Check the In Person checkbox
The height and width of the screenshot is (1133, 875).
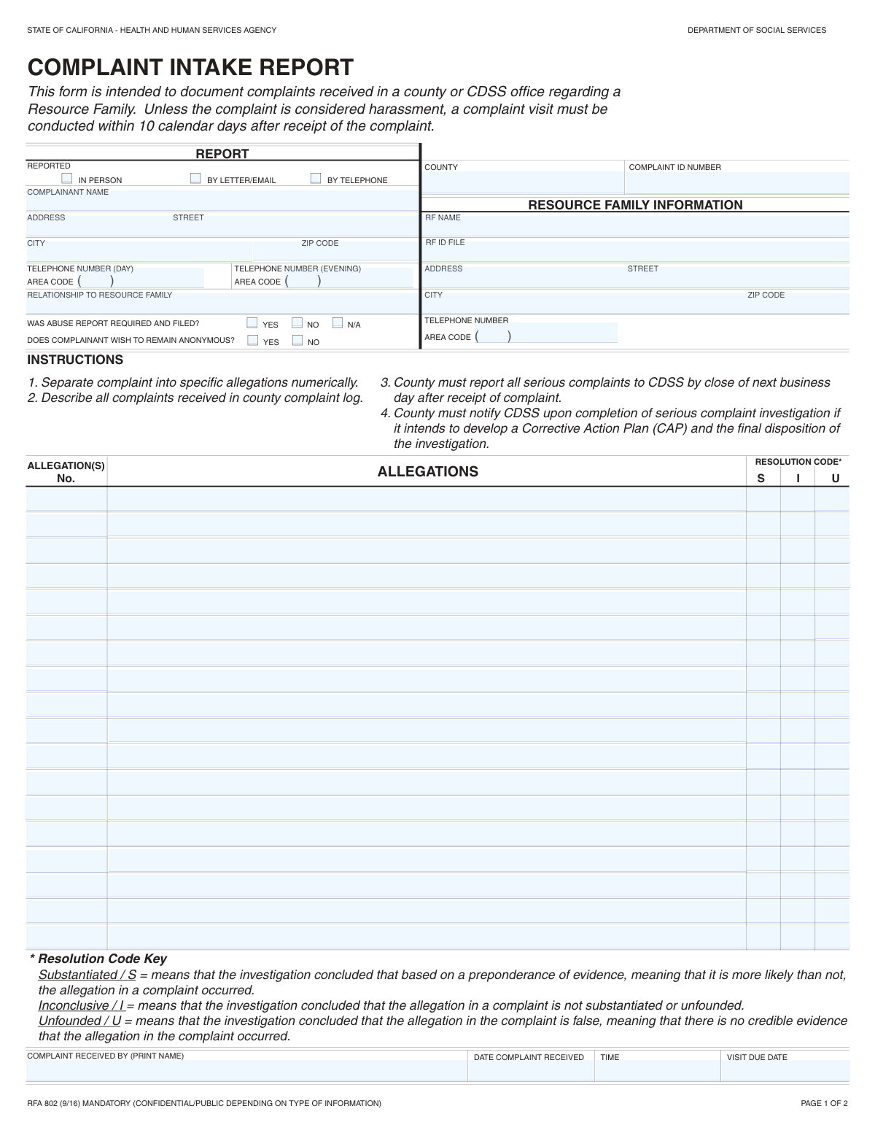pos(67,178)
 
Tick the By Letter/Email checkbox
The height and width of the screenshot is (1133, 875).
pos(195,178)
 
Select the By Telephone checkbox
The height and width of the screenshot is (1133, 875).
pos(316,178)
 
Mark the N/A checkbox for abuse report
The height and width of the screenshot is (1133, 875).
pos(338,322)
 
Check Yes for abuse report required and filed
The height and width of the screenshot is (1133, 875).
pos(252,322)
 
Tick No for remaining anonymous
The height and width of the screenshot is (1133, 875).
pos(297,340)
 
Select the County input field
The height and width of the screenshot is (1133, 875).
pos(522,182)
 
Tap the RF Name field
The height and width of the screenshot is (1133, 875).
pos(636,228)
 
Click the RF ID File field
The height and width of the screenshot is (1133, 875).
pos(636,252)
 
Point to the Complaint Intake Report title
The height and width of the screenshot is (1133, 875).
pos(190,68)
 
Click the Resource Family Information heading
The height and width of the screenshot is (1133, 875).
pos(635,205)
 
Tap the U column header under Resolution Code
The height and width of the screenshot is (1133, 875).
pos(836,479)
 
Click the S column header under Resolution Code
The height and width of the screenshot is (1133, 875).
pos(761,479)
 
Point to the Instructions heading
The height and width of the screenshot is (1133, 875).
pos(75,360)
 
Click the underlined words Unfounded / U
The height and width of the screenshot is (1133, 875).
pos(79,1021)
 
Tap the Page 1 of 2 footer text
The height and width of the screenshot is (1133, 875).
pos(824,1103)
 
